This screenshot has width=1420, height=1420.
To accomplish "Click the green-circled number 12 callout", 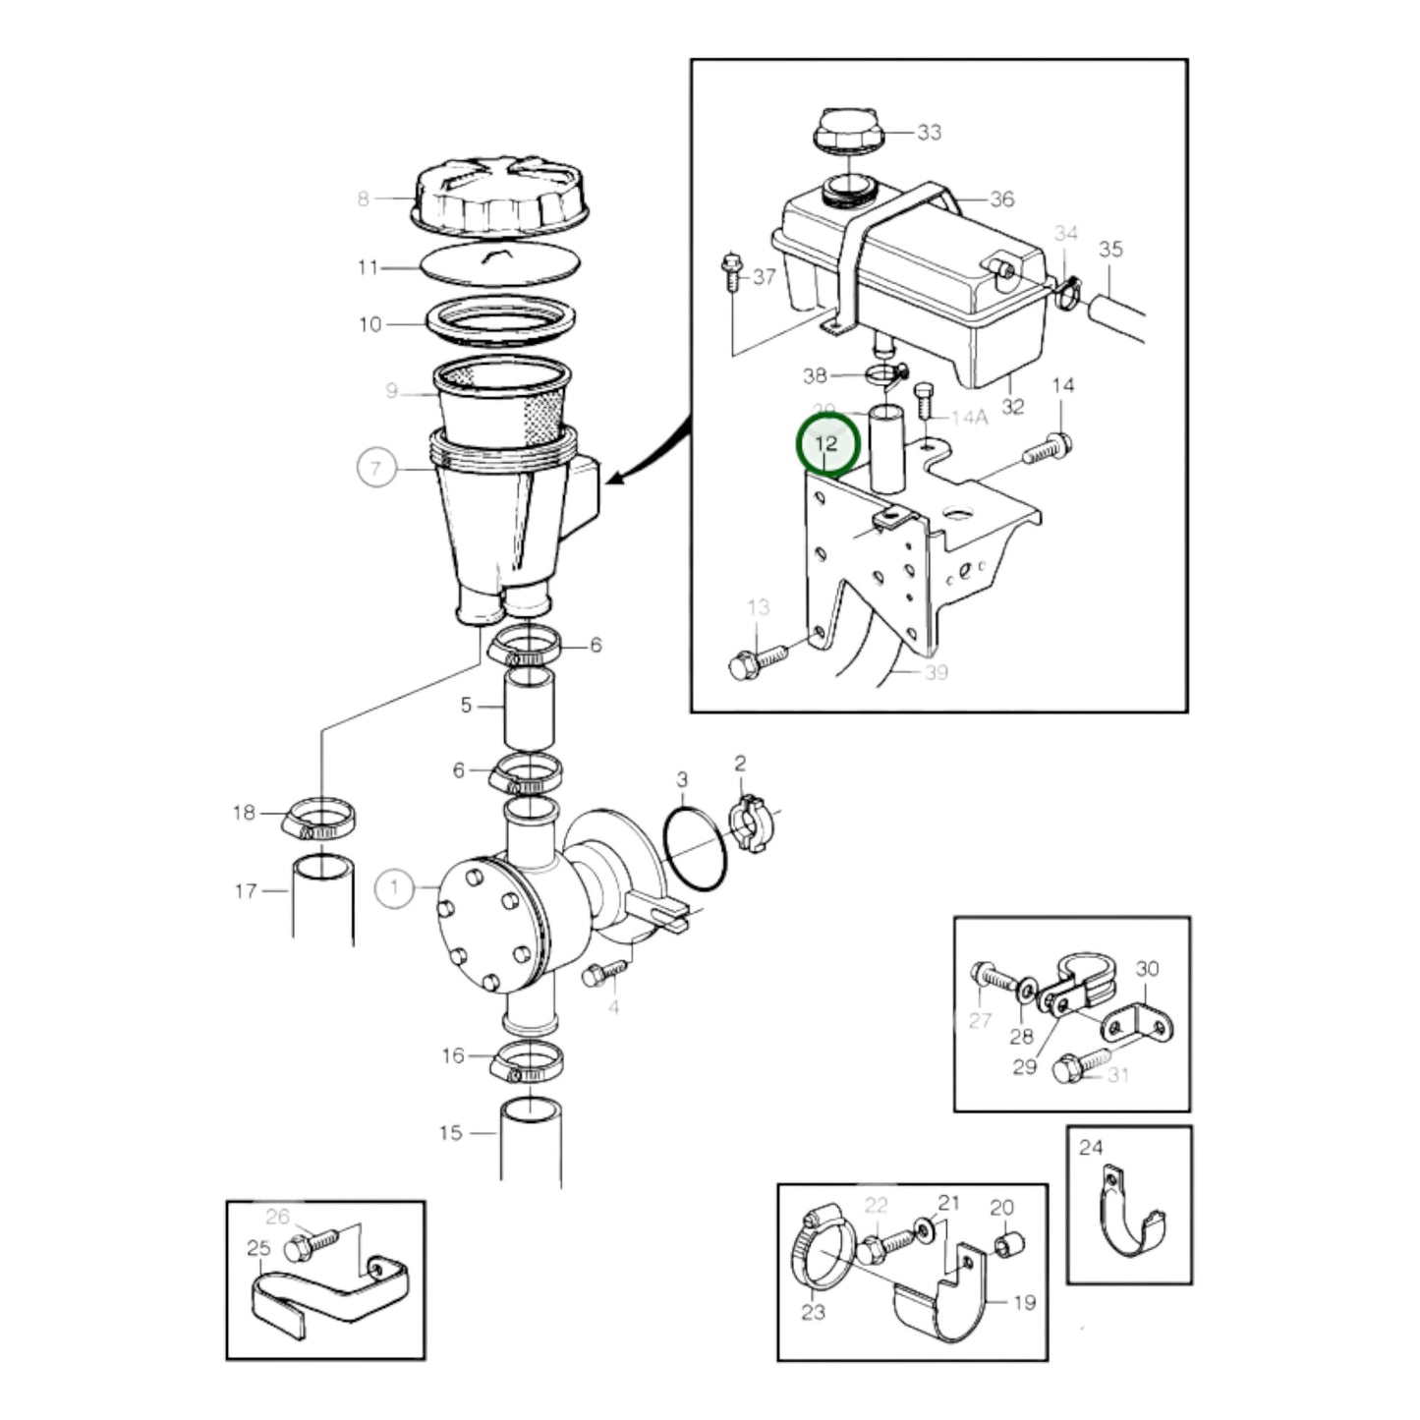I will point(826,444).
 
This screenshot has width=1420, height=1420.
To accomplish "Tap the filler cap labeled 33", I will point(846,132).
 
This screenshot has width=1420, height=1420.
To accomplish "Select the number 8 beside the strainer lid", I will point(364,199).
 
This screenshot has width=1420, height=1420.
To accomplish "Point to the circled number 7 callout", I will point(375,468).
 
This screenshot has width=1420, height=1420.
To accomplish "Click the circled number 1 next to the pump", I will point(394,889).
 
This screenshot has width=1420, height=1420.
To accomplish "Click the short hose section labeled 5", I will point(530,708).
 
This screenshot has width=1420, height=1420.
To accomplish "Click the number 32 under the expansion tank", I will point(1012,406).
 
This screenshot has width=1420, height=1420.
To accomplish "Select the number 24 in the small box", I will point(1091,1147).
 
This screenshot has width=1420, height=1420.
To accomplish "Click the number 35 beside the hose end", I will point(1109,250).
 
